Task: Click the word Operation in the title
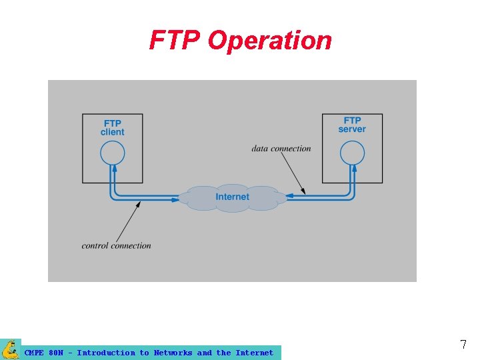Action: pyautogui.click(x=269, y=41)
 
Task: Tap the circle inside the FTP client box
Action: pyautogui.click(x=112, y=154)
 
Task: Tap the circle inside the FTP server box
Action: pyautogui.click(x=352, y=154)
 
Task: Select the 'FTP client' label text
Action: pyautogui.click(x=112, y=127)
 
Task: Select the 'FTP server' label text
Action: pyautogui.click(x=352, y=125)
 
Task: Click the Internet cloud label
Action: pyautogui.click(x=232, y=197)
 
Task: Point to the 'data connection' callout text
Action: pyautogui.click(x=281, y=148)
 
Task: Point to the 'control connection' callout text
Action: pyautogui.click(x=117, y=245)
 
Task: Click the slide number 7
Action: pyautogui.click(x=463, y=345)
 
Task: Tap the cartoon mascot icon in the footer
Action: pyautogui.click(x=11, y=349)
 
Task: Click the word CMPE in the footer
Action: pyautogui.click(x=34, y=353)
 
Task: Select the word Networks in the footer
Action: pyautogui.click(x=173, y=353)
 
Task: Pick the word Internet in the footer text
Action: pyautogui.click(x=254, y=353)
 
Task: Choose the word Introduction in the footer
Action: pyautogui.click(x=106, y=353)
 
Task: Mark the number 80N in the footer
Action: pyautogui.click(x=56, y=353)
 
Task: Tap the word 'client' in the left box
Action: pyautogui.click(x=112, y=132)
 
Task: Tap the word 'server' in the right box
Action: pyautogui.click(x=352, y=129)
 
